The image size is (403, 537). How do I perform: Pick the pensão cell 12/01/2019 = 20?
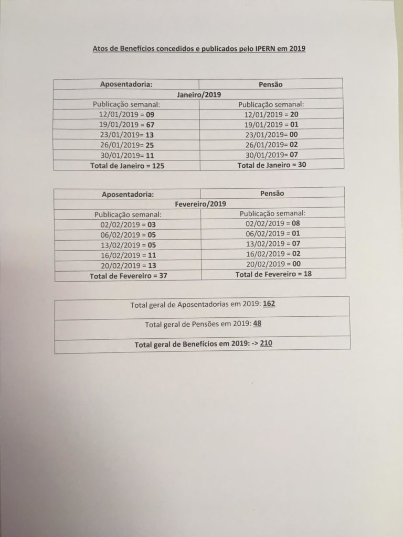[x=272, y=114]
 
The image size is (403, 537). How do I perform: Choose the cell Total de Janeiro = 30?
[x=272, y=165]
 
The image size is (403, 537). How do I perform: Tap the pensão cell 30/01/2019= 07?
[x=272, y=154]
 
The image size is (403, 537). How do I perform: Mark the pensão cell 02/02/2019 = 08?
[x=272, y=223]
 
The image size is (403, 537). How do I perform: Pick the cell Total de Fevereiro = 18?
[x=273, y=274]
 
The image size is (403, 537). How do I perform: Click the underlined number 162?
[x=269, y=304]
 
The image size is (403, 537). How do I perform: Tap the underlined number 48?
[x=257, y=324]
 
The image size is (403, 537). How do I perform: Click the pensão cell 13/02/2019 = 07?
[x=272, y=244]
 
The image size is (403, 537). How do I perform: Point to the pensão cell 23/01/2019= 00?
[x=272, y=134]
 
